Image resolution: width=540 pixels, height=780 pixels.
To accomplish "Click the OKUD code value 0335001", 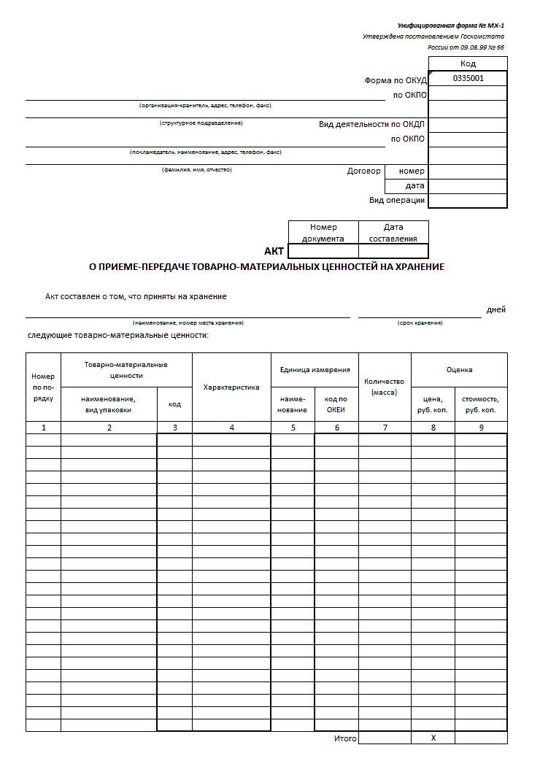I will [x=468, y=78].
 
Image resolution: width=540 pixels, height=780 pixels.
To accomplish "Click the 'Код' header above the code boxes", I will [x=468, y=64].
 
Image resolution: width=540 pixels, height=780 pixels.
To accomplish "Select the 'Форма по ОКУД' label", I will [x=395, y=80].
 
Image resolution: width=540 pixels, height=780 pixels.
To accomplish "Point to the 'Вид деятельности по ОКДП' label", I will [x=371, y=124].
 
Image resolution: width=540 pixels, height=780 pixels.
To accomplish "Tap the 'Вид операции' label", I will [x=397, y=200].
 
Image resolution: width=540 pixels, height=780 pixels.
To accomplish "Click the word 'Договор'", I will [x=363, y=171].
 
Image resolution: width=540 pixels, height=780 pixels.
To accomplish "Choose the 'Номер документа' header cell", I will [x=323, y=232].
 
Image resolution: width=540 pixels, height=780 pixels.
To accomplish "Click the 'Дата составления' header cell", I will [x=393, y=232].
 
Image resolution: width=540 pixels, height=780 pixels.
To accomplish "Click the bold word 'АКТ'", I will [x=274, y=251].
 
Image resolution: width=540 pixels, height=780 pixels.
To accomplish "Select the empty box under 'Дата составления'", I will [x=393, y=251].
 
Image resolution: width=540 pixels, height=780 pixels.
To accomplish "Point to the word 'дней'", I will [x=496, y=309].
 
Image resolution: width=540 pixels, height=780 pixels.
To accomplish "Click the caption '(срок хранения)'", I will [x=420, y=323].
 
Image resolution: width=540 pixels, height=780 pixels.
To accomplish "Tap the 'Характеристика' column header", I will [x=231, y=387].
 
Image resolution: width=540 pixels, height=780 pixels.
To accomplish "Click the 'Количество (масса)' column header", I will [x=385, y=387].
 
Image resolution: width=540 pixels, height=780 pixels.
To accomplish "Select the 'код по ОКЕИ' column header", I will [x=336, y=404].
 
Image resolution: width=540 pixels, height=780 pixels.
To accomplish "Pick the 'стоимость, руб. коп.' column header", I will [x=480, y=404].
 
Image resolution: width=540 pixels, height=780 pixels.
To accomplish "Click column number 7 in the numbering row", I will [x=385, y=428].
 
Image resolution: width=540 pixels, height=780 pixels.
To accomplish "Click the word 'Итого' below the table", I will [x=345, y=738].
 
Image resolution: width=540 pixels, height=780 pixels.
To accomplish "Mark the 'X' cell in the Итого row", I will [x=433, y=738].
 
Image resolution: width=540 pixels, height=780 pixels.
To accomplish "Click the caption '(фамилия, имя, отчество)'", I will [x=196, y=169].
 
